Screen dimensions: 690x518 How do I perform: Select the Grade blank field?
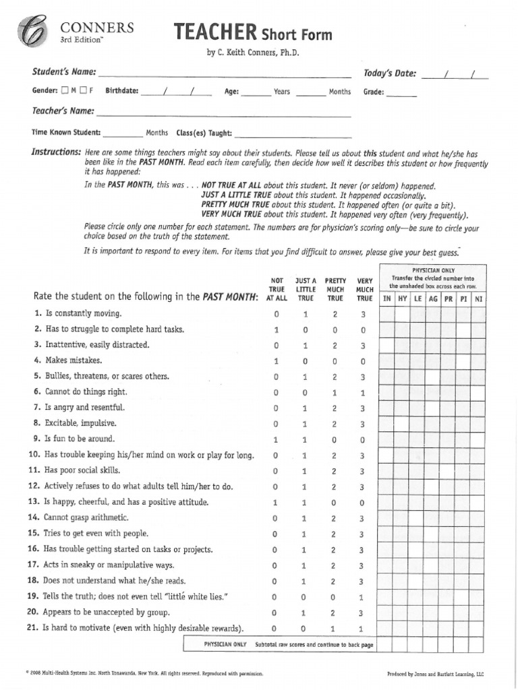pyautogui.click(x=402, y=93)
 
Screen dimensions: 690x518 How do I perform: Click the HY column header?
pyautogui.click(x=403, y=298)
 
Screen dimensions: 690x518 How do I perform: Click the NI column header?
pyautogui.click(x=478, y=298)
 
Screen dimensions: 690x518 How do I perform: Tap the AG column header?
pyautogui.click(x=433, y=298)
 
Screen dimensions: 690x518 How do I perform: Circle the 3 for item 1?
pyautogui.click(x=363, y=314)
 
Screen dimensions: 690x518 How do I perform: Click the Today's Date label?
pyautogui.click(x=389, y=73)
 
